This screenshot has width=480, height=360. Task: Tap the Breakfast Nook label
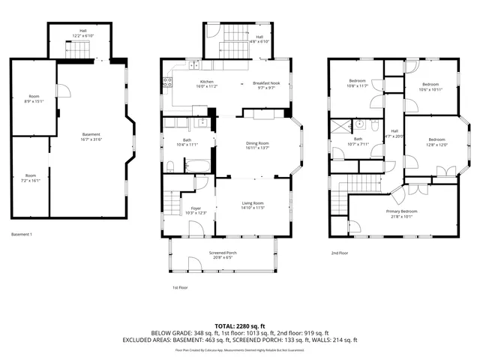point(265,84)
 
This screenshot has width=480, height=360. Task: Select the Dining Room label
point(257,145)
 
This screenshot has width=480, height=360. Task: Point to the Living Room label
point(252,205)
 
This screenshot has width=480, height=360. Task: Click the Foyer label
point(196,211)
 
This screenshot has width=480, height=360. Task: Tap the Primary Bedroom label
point(401,214)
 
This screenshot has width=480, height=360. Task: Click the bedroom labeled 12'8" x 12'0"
point(437,142)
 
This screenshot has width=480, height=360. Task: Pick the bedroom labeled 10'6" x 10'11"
point(431,86)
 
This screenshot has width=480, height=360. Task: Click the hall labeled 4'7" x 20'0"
point(394,133)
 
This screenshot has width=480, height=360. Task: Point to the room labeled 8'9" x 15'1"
point(34,99)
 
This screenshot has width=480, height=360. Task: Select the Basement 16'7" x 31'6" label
point(91,136)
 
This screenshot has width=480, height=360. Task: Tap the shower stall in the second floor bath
point(342,125)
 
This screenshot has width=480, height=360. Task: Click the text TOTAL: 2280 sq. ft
point(240,326)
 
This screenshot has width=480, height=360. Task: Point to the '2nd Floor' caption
point(340,253)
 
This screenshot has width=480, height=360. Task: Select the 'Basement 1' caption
point(22,235)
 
